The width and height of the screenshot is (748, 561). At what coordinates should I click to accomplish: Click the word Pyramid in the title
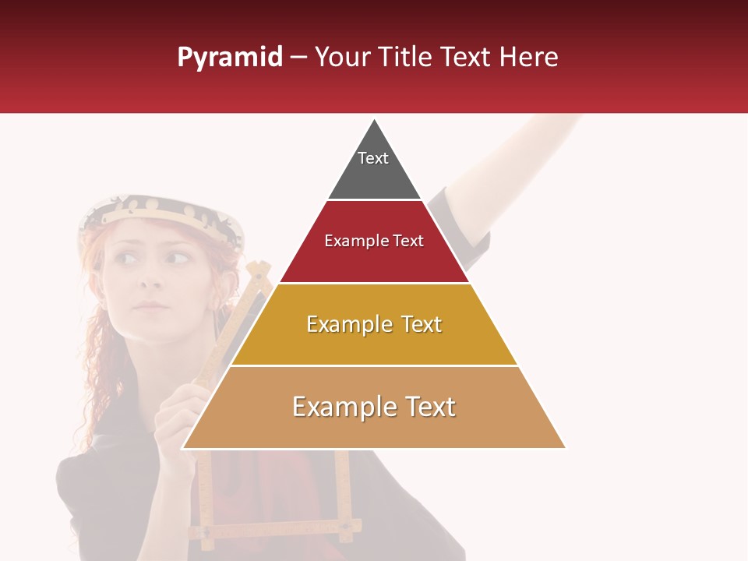(229, 58)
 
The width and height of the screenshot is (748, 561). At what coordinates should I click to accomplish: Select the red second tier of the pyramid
(374, 261)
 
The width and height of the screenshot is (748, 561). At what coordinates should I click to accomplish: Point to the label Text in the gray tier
(373, 158)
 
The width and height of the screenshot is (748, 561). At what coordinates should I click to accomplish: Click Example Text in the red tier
(374, 241)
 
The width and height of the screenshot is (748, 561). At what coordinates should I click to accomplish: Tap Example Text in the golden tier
(374, 324)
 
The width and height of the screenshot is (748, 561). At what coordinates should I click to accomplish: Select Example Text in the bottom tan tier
(374, 407)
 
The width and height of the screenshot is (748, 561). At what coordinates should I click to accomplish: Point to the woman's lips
(150, 305)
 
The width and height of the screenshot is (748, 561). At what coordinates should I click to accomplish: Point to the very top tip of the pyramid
(375, 120)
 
